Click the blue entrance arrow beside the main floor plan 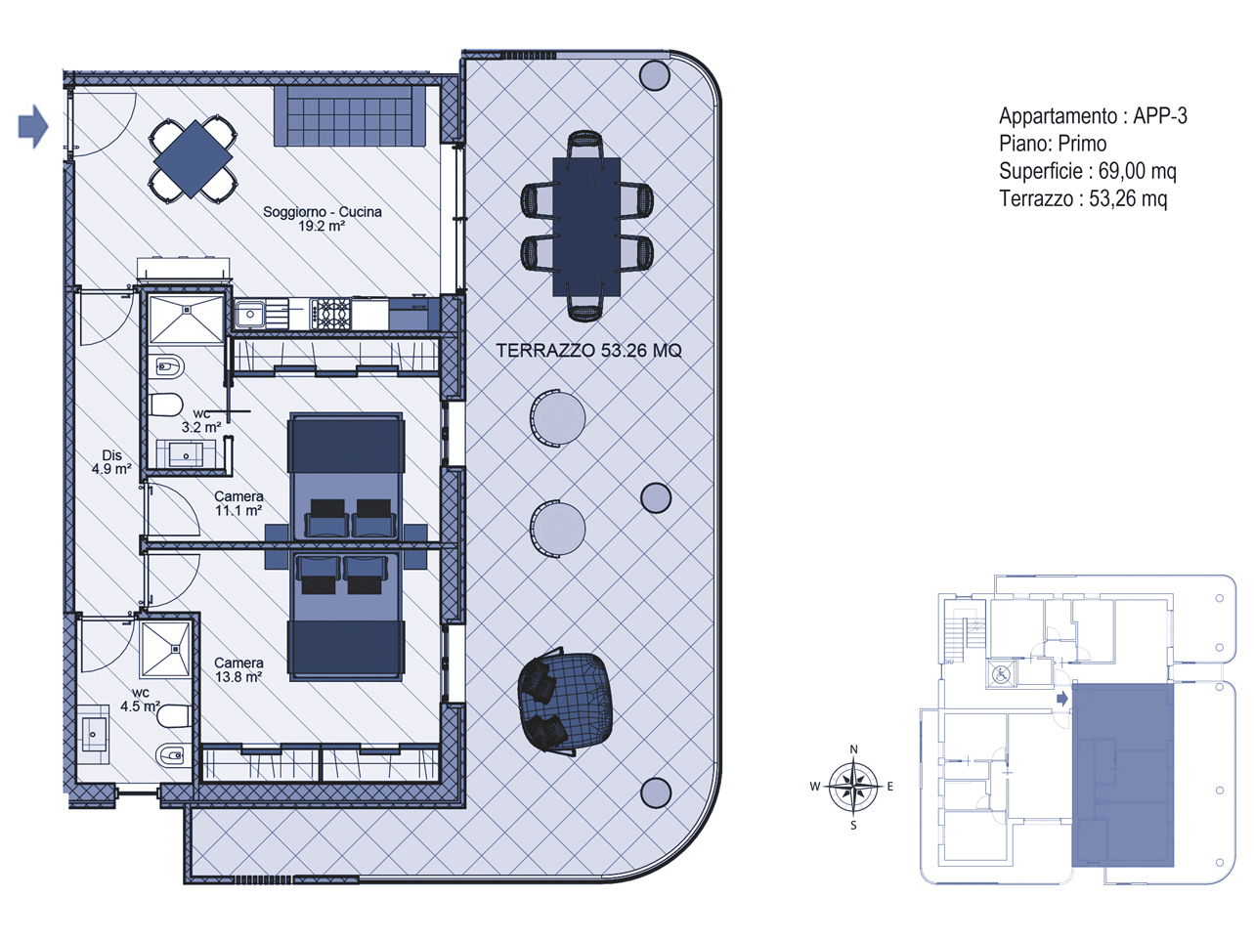(33, 127)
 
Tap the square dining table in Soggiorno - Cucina (194, 159)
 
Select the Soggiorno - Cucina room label (323, 219)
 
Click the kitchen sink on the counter (249, 315)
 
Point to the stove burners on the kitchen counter (330, 314)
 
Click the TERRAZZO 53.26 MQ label (588, 350)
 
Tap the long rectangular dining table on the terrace (586, 227)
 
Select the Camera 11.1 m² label (238, 503)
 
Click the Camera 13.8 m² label (238, 669)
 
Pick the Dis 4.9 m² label (112, 462)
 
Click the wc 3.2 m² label (201, 420)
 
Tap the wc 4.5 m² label (140, 700)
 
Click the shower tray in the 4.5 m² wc (165, 649)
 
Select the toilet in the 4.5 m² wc (174, 716)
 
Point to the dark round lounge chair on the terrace (564, 702)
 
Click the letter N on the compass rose (853, 749)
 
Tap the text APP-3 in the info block (1160, 116)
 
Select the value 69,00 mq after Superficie (1137, 171)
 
